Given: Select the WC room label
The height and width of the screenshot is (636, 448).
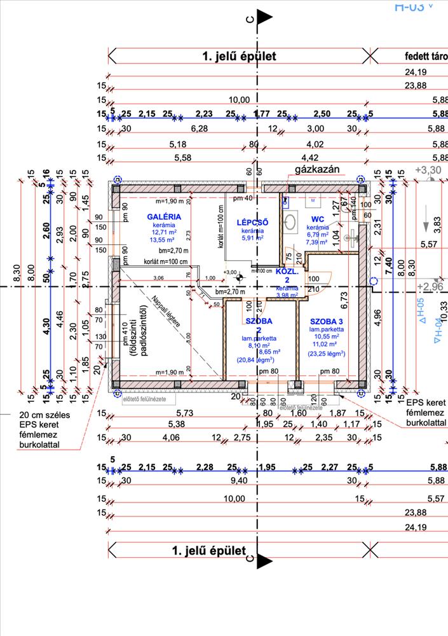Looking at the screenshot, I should point(318,219).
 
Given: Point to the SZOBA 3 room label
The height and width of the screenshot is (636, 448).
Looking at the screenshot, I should point(326,321).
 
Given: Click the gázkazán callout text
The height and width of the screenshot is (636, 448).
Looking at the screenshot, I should point(318,170).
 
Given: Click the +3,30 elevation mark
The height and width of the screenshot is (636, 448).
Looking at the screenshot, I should point(428,170).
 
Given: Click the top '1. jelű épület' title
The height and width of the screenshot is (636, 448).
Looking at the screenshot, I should point(239,57).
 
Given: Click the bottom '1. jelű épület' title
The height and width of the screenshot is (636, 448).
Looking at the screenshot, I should point(209,550).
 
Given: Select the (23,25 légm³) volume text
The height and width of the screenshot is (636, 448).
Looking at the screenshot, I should point(326,354).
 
